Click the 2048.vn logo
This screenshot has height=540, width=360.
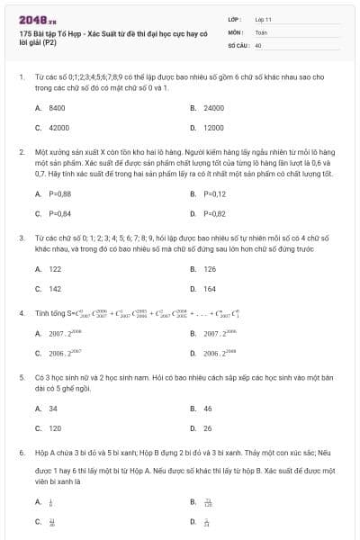(37, 18)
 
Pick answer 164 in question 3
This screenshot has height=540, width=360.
(210, 289)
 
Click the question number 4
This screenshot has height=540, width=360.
(21, 313)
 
